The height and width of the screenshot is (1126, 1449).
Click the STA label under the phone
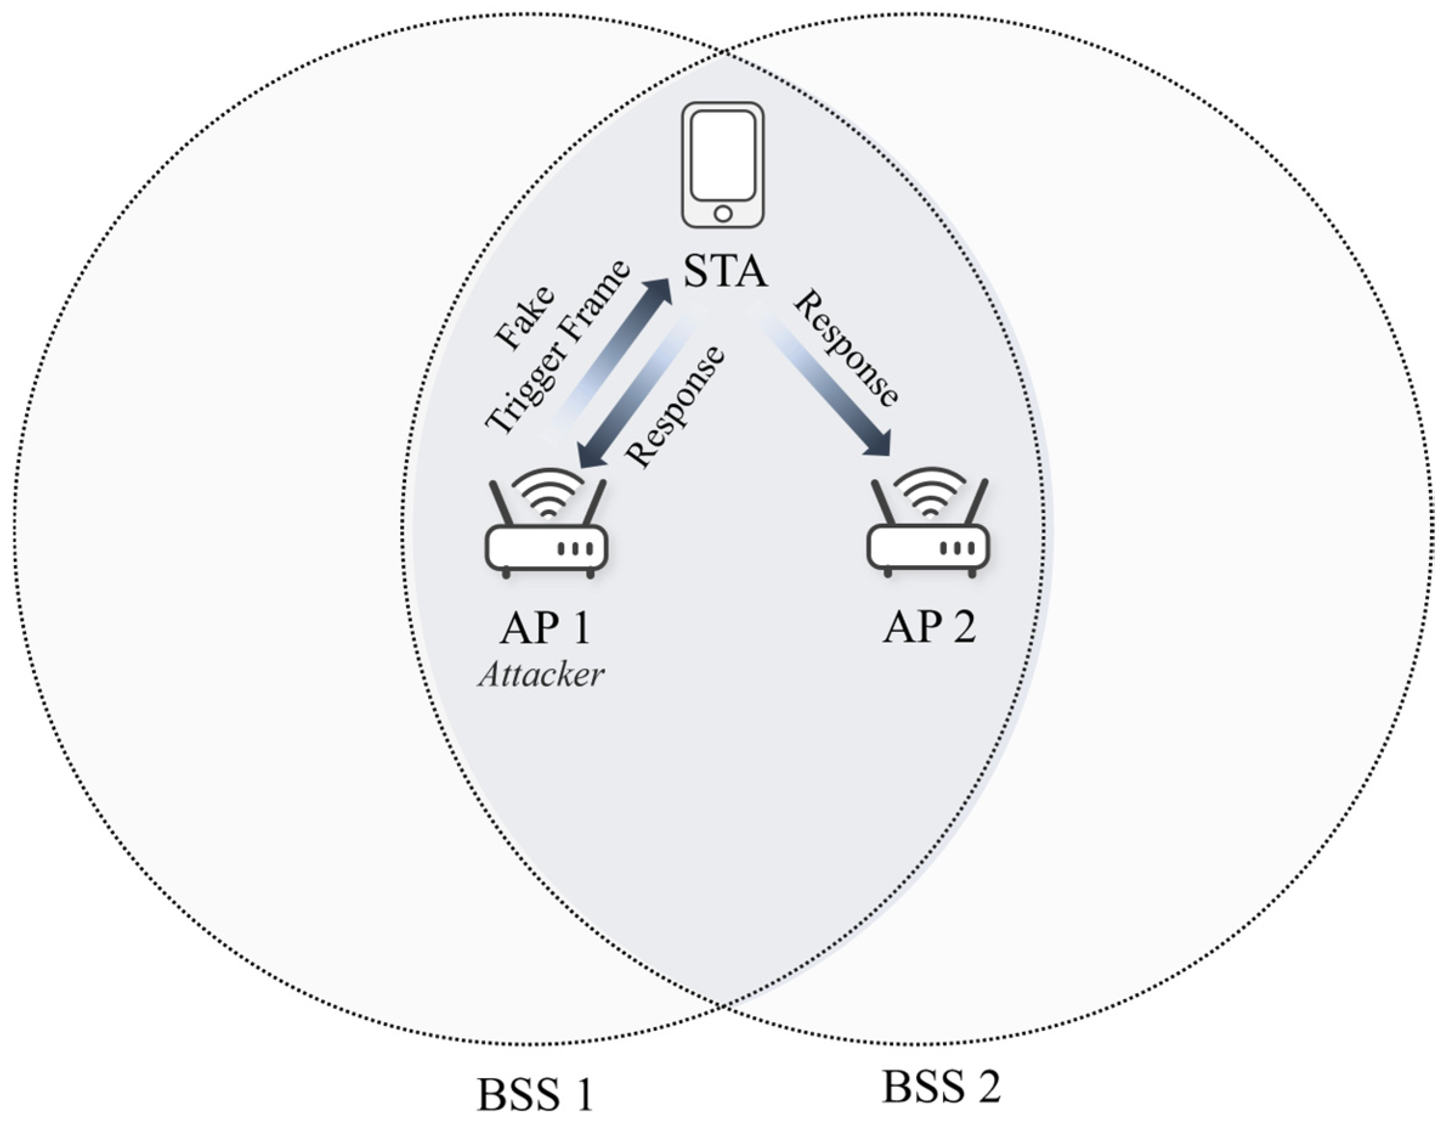point(725,271)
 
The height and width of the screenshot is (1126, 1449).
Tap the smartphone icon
point(723,164)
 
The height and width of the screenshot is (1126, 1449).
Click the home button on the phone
point(723,214)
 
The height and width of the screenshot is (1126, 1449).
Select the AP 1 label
point(545,628)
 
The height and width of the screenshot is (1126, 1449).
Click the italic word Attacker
point(541,676)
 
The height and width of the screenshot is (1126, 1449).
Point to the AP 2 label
point(929,626)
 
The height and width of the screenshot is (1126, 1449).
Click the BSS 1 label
point(535,1095)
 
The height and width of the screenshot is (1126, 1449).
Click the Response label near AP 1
point(676,406)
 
